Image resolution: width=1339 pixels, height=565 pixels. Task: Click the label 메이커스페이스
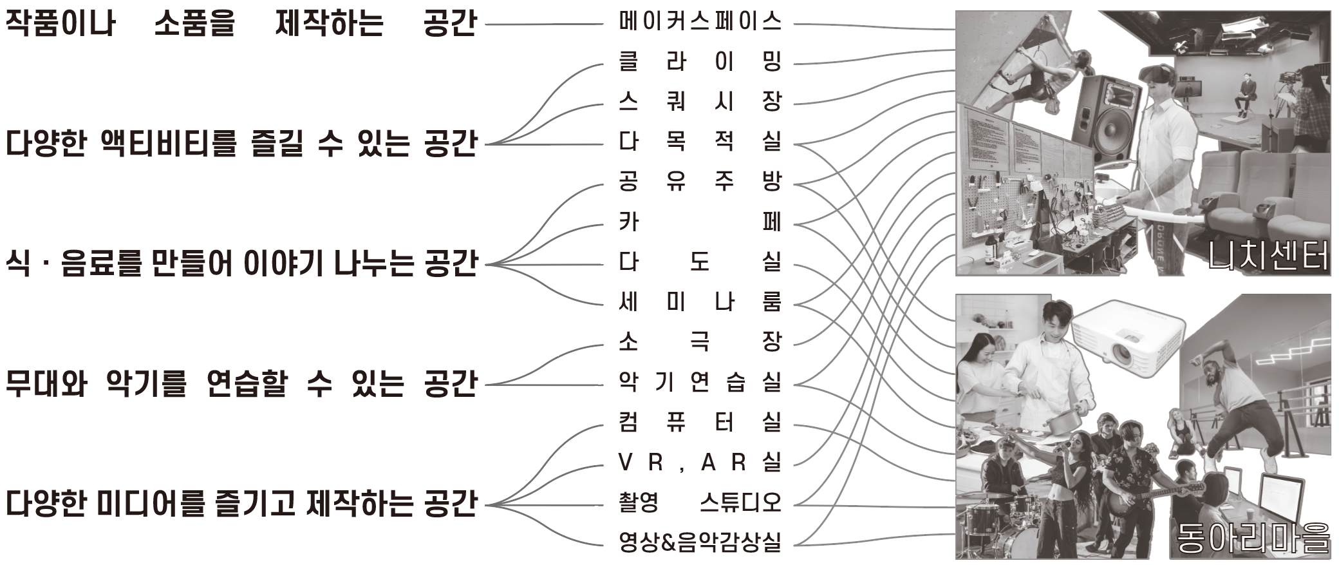click(x=699, y=23)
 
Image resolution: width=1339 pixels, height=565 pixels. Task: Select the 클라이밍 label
click(x=699, y=62)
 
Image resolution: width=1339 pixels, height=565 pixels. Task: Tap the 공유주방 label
click(x=699, y=180)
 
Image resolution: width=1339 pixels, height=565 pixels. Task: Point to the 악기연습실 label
click(x=699, y=383)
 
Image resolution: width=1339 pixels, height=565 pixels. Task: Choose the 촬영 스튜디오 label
click(x=699, y=502)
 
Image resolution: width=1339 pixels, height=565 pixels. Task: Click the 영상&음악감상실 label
click(x=699, y=542)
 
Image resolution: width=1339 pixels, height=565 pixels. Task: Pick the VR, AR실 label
click(x=699, y=462)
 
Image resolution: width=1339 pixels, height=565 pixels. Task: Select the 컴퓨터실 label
click(x=699, y=423)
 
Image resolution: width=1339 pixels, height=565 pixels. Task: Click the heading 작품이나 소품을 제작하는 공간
click(x=241, y=23)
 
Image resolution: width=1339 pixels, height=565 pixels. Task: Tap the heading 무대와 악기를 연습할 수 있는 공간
click(x=241, y=383)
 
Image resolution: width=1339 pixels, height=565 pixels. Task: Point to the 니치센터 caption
click(x=1267, y=255)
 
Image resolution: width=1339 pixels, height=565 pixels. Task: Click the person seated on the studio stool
click(x=1248, y=95)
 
